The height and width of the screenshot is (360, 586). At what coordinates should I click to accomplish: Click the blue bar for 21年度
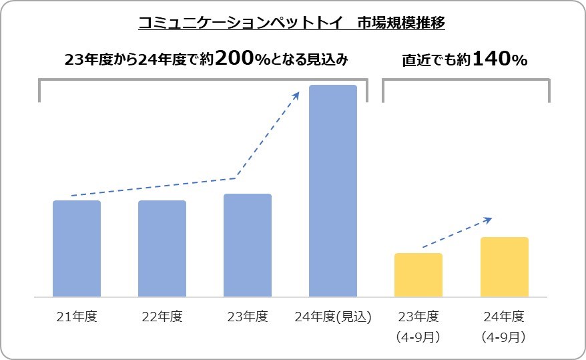tap(77, 248)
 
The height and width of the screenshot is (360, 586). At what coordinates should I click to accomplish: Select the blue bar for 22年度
tap(162, 248)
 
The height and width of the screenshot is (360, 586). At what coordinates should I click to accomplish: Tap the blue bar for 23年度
tap(248, 245)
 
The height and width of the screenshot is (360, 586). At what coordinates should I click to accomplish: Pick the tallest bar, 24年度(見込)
tap(333, 191)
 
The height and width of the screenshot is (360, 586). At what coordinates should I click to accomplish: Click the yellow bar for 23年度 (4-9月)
tap(418, 275)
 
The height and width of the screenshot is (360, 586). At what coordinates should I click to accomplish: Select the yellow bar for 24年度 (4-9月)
tap(504, 266)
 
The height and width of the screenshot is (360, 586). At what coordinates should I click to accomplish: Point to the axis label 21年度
tap(77, 316)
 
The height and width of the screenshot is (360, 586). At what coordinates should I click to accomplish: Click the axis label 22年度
tap(162, 316)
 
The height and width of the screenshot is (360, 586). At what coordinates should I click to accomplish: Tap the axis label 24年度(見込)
tap(333, 316)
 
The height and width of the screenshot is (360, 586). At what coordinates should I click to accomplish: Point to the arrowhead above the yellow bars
tap(489, 220)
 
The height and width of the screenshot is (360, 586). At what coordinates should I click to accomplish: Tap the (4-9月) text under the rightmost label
tap(504, 337)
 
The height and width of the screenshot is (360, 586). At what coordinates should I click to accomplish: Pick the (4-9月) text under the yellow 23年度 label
tap(418, 337)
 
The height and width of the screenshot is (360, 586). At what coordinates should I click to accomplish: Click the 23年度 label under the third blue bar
tap(248, 316)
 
